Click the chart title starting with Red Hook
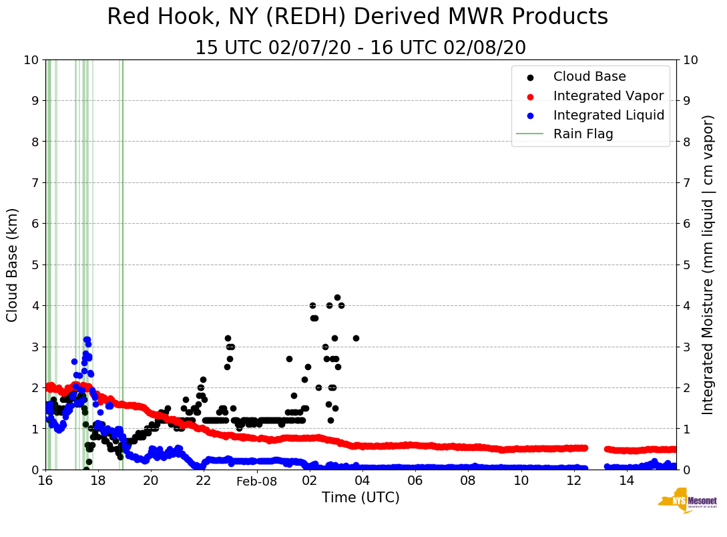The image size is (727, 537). click(357, 17)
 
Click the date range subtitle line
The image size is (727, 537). click(360, 48)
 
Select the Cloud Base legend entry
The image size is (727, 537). click(589, 77)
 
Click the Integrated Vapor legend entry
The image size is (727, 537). click(608, 96)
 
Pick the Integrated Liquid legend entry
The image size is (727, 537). click(608, 115)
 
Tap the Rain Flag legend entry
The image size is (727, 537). click(583, 134)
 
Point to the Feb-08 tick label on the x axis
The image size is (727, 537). click(256, 481)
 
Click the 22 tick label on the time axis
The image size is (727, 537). click(204, 481)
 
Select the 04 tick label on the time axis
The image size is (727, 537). click(362, 481)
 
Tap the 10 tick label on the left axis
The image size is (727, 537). click(31, 60)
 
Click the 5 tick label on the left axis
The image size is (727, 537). click(34, 265)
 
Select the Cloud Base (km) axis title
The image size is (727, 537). click(13, 264)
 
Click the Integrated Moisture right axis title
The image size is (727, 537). click(708, 264)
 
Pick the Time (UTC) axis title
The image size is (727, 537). click(360, 498)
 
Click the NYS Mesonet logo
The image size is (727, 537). click(687, 502)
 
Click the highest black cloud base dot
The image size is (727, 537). click(337, 297)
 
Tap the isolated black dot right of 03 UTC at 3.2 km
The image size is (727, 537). click(356, 338)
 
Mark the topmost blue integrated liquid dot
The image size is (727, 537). click(87, 340)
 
